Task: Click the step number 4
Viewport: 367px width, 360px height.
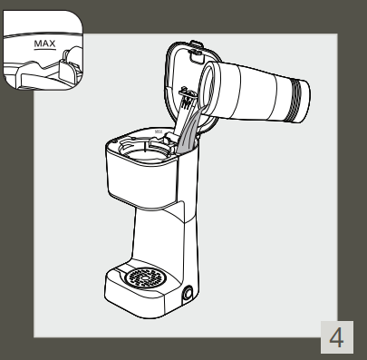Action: coord(337,338)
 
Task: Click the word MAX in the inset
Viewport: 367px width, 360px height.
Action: coord(42,42)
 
